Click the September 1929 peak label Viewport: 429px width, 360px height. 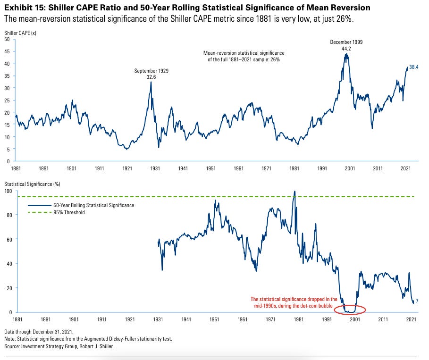pyautogui.click(x=151, y=73)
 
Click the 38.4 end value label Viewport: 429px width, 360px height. pyautogui.click(x=414, y=67)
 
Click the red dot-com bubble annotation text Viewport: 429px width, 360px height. pyautogui.click(x=294, y=302)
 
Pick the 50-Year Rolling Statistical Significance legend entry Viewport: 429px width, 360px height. pyautogui.click(x=81, y=205)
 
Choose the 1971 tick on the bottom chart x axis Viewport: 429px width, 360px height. pyautogui.click(x=270, y=319)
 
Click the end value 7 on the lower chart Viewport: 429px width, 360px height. pyautogui.click(x=417, y=301)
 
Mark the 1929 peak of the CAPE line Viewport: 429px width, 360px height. pyautogui.click(x=151, y=82)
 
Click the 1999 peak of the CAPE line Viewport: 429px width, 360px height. pyautogui.click(x=347, y=54)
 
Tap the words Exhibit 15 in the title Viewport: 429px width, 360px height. pyautogui.click(x=22, y=8)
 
